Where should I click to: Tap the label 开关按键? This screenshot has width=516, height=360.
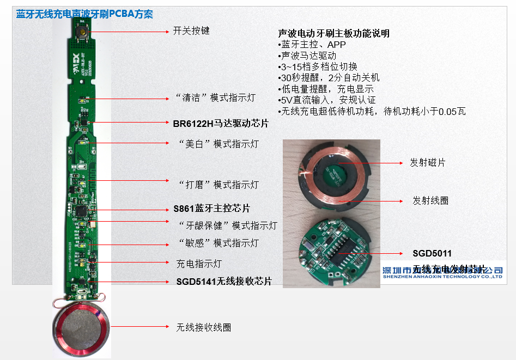click(x=191, y=31)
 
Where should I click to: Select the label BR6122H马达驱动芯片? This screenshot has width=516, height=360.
click(x=221, y=124)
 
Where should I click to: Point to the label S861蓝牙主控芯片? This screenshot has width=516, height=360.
click(x=211, y=209)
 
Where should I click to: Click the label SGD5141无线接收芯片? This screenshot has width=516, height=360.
click(x=223, y=281)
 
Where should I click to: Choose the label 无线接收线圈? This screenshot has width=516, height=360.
click(x=203, y=327)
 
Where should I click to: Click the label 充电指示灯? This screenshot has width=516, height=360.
click(x=199, y=264)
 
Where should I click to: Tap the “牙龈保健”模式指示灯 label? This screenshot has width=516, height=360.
click(x=228, y=225)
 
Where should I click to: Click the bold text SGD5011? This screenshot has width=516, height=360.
click(x=432, y=253)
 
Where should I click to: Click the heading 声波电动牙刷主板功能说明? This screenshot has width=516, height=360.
click(x=333, y=34)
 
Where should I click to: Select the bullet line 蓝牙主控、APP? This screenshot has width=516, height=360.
click(x=312, y=45)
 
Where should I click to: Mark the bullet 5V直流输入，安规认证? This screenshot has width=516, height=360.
click(x=326, y=100)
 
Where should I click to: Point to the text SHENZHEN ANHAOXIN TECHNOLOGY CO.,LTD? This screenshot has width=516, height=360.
click(x=442, y=277)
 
